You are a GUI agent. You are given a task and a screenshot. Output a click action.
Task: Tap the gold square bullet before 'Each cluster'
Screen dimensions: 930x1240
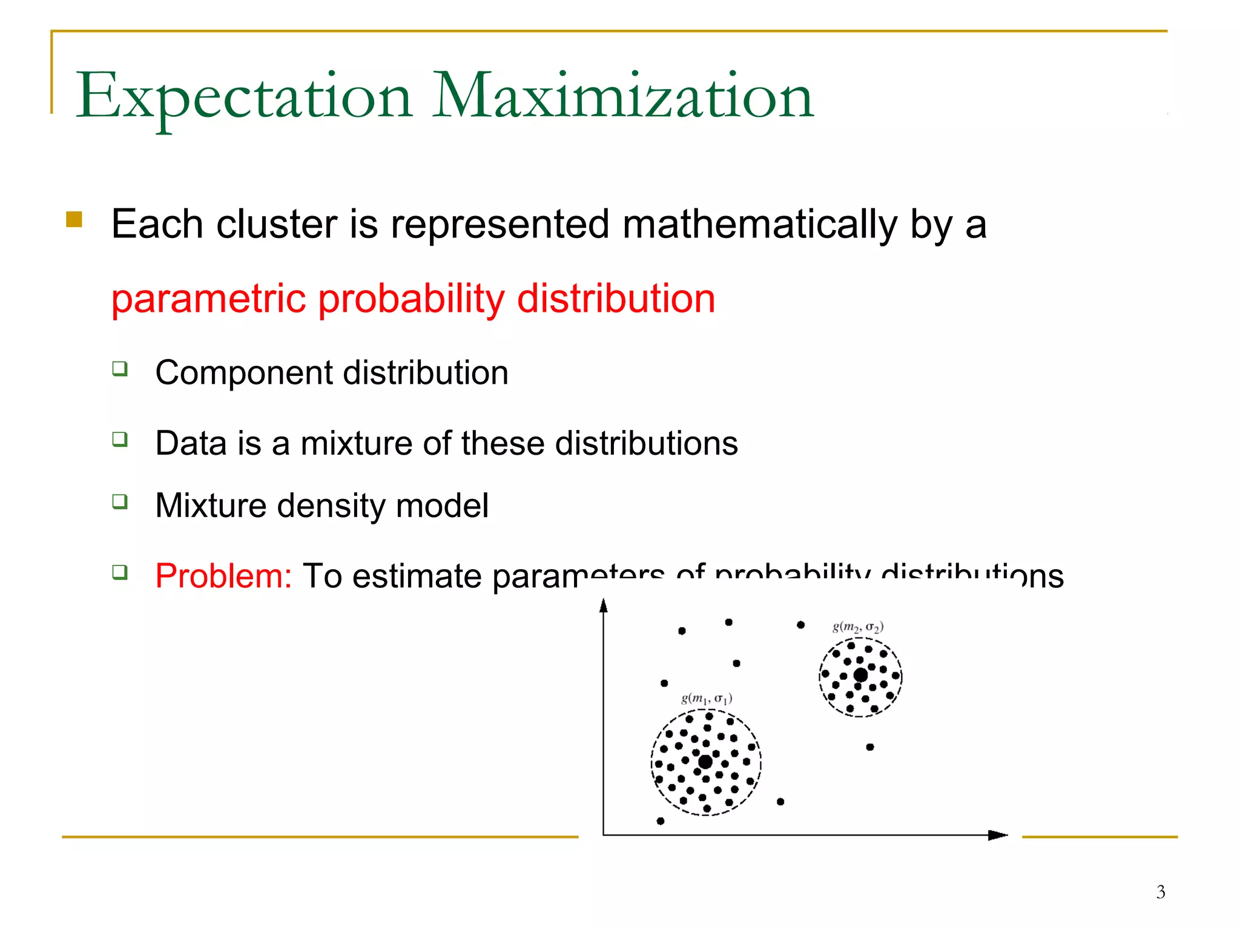click(x=74, y=219)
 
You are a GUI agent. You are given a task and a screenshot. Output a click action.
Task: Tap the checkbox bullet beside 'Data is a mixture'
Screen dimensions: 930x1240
click(x=120, y=439)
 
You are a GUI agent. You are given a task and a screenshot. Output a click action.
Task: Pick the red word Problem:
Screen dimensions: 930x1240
click(x=223, y=576)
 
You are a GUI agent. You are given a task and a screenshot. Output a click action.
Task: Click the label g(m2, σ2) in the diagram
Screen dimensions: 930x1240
click(x=857, y=627)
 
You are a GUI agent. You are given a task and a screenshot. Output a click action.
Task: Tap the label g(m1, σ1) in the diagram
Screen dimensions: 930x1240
click(x=707, y=699)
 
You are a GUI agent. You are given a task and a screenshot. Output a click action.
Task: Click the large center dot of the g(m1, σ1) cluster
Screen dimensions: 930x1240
click(x=705, y=762)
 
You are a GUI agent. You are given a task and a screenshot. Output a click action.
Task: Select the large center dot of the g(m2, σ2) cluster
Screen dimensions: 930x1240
click(x=860, y=675)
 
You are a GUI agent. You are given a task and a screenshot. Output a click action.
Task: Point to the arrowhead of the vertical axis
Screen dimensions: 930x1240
click(x=603, y=605)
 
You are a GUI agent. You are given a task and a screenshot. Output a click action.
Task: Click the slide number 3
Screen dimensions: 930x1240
click(x=1160, y=892)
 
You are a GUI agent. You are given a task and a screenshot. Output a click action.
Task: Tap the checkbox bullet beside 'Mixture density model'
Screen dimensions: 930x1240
click(x=120, y=502)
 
